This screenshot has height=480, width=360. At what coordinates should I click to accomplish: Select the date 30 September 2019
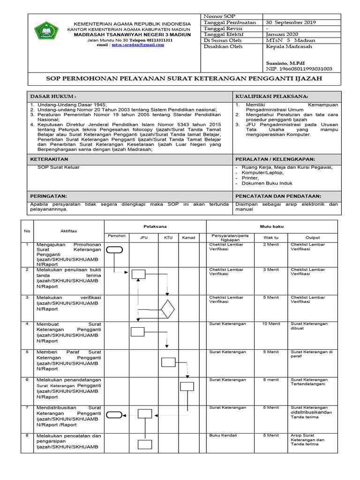click(x=291, y=22)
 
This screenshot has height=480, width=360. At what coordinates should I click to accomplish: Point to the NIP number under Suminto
click(x=299, y=68)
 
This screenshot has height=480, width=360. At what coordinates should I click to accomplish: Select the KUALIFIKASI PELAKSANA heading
click(x=271, y=96)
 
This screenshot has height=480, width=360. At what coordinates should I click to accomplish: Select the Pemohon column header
click(x=116, y=236)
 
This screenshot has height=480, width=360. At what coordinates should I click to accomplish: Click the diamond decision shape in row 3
click(x=167, y=309)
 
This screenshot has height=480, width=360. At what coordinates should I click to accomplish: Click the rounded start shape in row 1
click(x=114, y=250)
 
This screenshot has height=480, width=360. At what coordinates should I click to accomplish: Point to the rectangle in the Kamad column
click(x=187, y=386)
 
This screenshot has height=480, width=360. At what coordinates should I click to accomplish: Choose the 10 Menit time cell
click(x=271, y=324)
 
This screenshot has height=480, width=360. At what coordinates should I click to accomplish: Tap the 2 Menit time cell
click(x=271, y=244)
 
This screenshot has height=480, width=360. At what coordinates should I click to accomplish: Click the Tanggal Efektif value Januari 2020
click(x=281, y=34)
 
